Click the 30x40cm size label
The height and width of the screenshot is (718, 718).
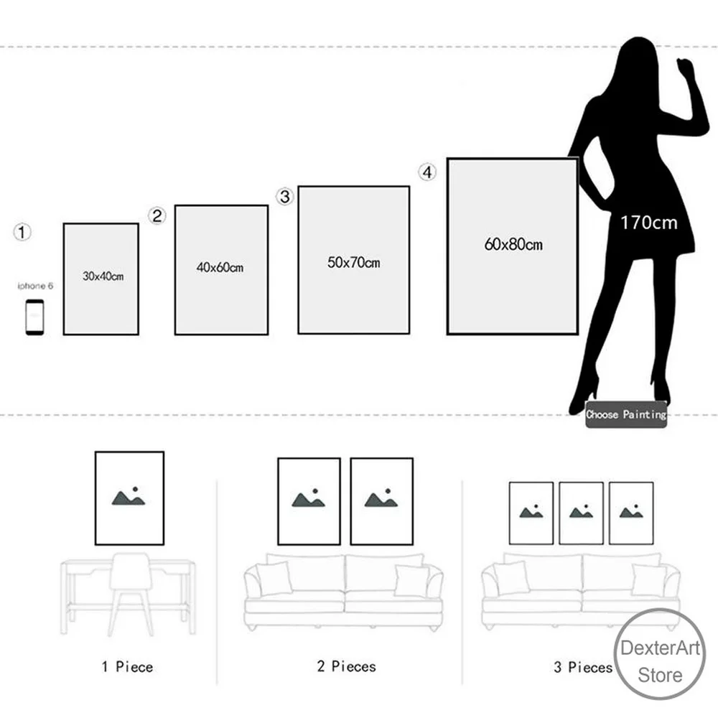[102, 276]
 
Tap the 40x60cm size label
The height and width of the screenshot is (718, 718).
[220, 268]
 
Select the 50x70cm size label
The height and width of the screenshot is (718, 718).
[353, 263]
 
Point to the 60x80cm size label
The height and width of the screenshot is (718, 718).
[513, 245]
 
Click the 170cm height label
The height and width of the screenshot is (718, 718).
[648, 223]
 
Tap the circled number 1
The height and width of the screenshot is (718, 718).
[24, 232]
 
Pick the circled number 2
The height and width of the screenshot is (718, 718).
[158, 215]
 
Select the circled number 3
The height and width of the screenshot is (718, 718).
[286, 197]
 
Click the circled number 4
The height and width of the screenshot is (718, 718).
[427, 173]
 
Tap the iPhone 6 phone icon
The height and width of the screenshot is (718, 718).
[34, 316]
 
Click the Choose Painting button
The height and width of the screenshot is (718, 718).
[626, 414]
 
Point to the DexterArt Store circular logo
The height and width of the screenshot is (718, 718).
[660, 653]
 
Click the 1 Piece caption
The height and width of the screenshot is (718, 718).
[127, 667]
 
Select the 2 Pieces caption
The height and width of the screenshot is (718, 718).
[346, 667]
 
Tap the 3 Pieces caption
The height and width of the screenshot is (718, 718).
[583, 667]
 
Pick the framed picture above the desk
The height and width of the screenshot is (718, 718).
[129, 498]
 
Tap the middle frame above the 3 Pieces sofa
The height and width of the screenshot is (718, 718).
[581, 513]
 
